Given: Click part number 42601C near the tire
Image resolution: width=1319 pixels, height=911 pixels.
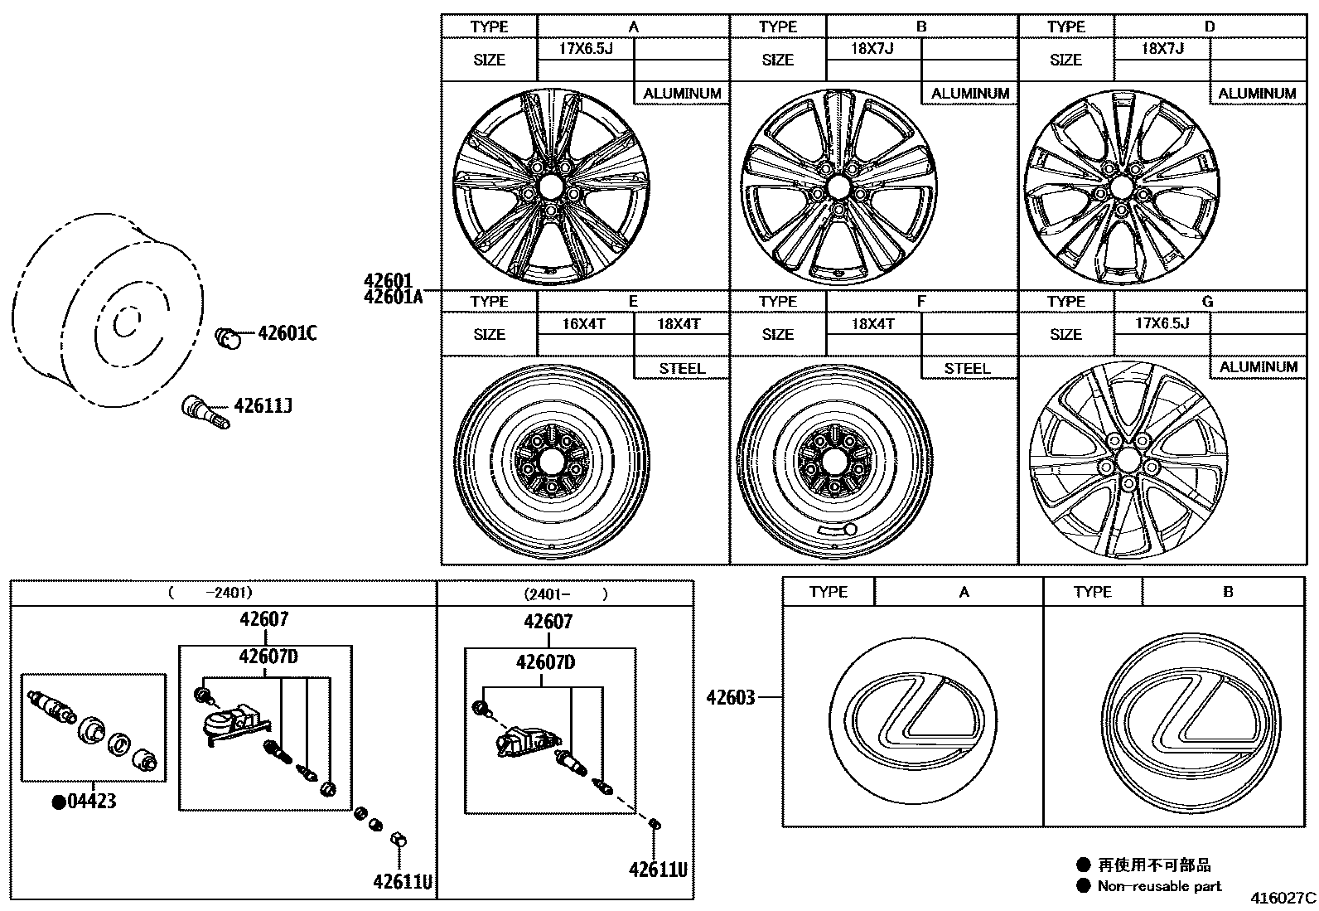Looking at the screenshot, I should click(287, 334).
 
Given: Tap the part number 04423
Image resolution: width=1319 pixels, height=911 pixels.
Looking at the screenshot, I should click(91, 802).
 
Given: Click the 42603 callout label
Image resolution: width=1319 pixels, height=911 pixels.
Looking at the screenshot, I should click(730, 697).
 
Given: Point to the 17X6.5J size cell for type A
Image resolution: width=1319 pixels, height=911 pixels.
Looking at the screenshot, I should click(585, 48).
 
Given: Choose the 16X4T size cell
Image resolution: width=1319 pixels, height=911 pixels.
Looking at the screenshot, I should click(584, 324).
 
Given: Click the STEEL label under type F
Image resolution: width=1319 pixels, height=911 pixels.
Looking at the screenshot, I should click(968, 368).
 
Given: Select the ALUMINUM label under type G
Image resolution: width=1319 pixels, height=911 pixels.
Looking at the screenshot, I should click(1258, 366).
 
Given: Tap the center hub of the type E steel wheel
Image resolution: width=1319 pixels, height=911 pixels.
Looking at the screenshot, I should click(550, 459).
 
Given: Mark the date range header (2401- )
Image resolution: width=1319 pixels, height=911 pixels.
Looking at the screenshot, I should click(565, 594).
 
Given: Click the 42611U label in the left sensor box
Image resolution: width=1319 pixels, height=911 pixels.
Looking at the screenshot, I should click(403, 881).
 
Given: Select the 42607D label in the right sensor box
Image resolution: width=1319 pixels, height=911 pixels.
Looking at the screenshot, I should click(545, 661).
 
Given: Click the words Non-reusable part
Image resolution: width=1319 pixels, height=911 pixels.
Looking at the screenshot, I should click(1159, 885).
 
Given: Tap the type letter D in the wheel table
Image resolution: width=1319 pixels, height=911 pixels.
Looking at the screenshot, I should click(1209, 27).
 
